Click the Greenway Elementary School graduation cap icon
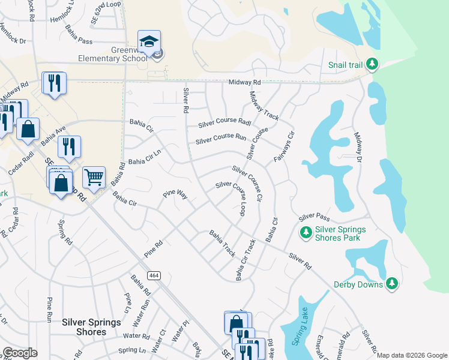(x=149, y=41)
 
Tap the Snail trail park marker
(x=372, y=64)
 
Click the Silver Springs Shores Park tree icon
(x=306, y=232)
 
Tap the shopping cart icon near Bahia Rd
(x=94, y=177)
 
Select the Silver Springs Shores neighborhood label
(x=91, y=326)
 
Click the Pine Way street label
(x=175, y=196)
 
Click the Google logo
(x=20, y=353)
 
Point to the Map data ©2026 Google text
(x=412, y=355)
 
